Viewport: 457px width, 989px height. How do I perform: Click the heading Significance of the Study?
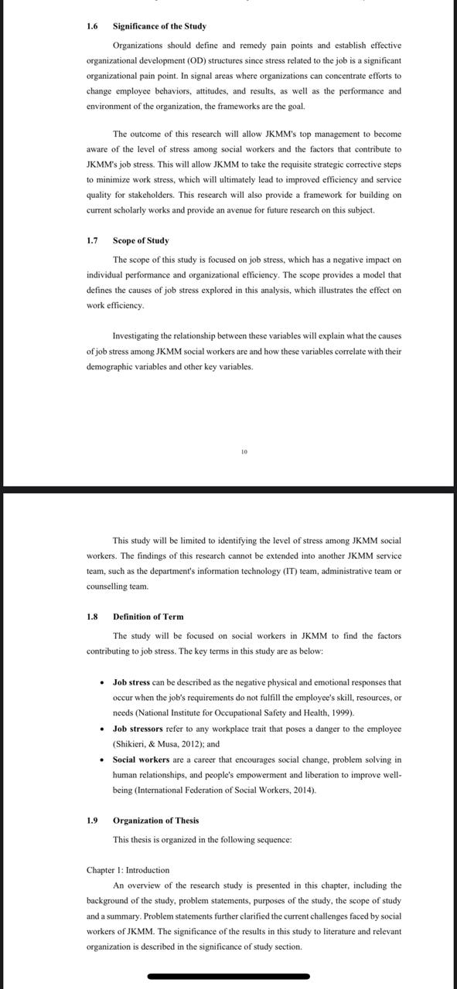[159, 26]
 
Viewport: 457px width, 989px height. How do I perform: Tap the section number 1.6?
[92, 26]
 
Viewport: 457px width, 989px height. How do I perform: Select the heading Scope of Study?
[141, 240]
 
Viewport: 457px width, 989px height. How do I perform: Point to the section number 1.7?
[92, 240]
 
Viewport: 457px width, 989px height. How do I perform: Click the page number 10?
[244, 451]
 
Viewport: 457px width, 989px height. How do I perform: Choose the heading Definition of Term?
[148, 617]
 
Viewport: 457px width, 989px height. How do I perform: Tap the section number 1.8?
[92, 617]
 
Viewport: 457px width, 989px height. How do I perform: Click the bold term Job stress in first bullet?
[131, 682]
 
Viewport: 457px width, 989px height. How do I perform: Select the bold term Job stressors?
[138, 729]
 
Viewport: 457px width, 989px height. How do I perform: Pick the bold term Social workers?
[141, 760]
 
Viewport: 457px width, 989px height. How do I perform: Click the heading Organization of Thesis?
[155, 821]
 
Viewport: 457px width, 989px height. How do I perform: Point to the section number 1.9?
[92, 821]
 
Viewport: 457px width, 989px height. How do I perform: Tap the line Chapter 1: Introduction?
[128, 870]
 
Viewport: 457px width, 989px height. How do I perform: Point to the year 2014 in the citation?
[305, 790]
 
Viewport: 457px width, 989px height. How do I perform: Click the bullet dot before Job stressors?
[102, 729]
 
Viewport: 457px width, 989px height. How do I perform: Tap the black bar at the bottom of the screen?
[228, 977]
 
